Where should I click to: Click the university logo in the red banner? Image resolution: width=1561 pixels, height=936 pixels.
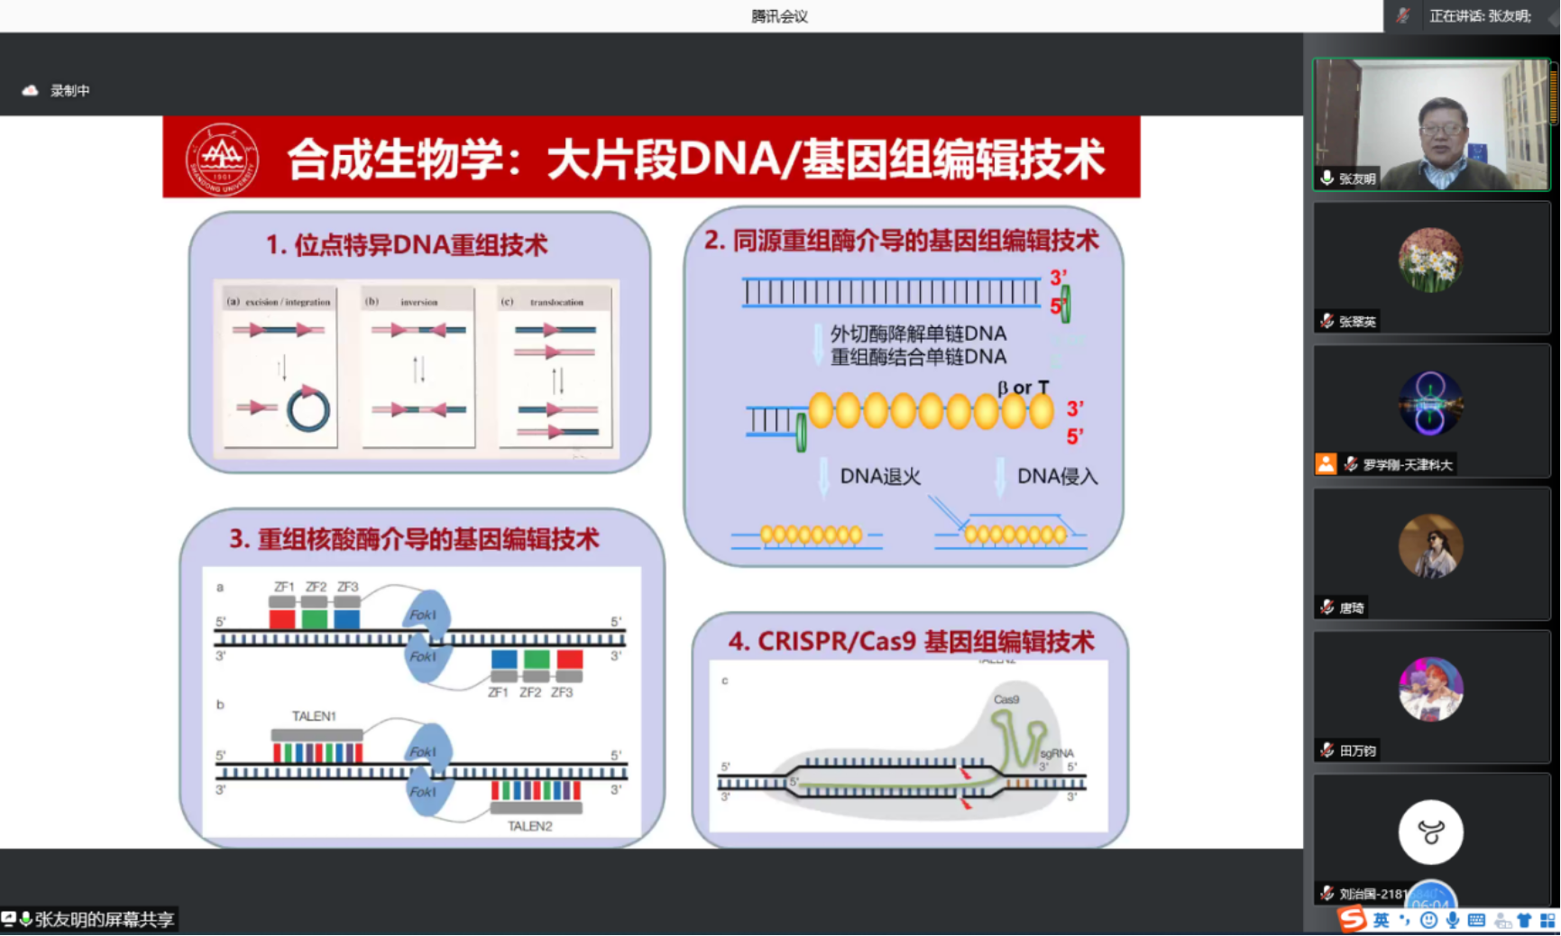tap(222, 159)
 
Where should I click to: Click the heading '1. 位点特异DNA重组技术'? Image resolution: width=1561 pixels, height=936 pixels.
tap(407, 244)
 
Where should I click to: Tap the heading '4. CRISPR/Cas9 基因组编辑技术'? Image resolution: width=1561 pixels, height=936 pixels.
tap(911, 641)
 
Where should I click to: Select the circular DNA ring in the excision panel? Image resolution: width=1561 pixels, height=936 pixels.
tap(308, 410)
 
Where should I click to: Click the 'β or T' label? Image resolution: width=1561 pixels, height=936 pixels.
tap(1023, 388)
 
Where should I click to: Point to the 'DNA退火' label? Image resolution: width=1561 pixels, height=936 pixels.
tap(880, 476)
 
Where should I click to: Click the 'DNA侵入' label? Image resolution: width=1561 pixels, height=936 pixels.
tap(1057, 476)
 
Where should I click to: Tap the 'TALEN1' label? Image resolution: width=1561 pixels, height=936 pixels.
tap(314, 716)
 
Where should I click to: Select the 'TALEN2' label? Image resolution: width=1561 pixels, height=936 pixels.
tap(529, 826)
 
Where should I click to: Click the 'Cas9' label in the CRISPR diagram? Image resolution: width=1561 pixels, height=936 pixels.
tap(1006, 700)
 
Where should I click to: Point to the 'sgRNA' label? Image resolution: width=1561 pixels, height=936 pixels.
tap(1057, 753)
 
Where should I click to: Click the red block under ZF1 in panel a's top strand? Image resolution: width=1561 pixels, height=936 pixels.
tap(282, 619)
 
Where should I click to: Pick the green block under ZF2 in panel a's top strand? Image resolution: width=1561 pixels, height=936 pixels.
tap(315, 619)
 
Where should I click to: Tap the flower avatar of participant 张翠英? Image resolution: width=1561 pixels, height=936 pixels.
tap(1430, 261)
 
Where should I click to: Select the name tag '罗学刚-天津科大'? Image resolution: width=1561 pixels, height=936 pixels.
tap(1407, 464)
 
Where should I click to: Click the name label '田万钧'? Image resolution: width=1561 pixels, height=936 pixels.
tap(1357, 750)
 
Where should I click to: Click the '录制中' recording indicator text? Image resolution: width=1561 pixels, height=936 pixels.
tap(69, 90)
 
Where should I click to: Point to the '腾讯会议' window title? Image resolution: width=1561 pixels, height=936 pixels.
tap(779, 16)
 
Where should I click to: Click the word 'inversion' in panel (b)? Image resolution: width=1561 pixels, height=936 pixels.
tap(418, 302)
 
